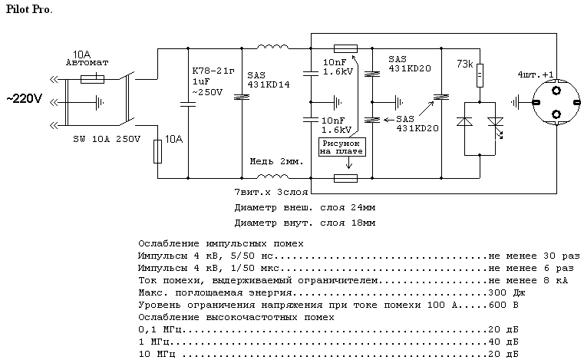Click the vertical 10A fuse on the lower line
(157, 151)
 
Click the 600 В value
(501, 304)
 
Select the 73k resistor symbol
(479, 75)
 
